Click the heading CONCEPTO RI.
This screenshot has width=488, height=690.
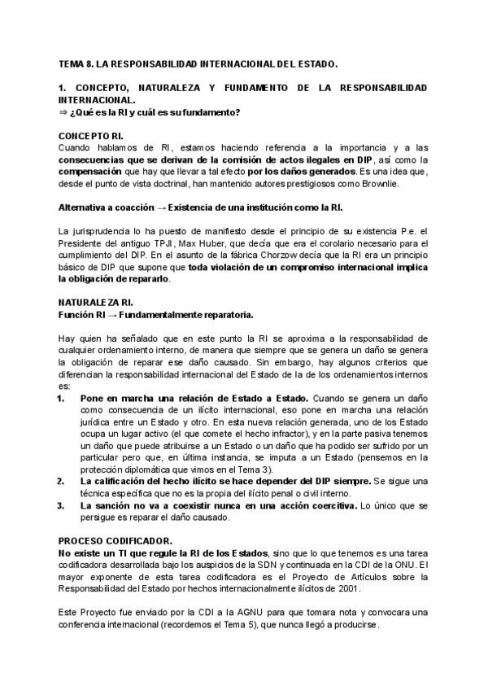tap(91, 135)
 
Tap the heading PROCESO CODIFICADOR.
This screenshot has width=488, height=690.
tap(114, 540)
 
